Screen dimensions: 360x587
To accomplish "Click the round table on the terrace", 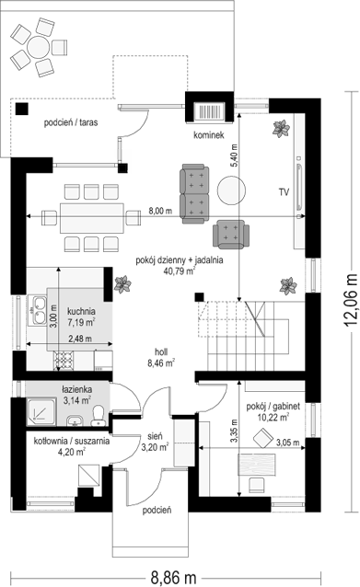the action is [x=39, y=47].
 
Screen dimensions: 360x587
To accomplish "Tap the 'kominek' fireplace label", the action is [x=209, y=134].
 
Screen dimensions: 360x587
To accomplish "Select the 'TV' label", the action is [x=284, y=192].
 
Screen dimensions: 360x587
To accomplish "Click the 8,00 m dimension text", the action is [x=160, y=211].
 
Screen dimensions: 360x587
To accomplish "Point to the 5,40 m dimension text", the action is [x=235, y=155].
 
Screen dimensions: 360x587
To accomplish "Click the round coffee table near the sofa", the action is [x=231, y=190].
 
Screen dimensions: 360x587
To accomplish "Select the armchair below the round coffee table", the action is [x=231, y=235].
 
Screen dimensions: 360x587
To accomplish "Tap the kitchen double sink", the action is [x=38, y=309].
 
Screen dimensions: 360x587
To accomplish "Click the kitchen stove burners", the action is [x=64, y=360].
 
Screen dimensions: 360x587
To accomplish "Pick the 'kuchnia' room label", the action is [x=81, y=311].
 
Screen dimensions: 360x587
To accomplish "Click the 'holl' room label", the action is [x=161, y=351].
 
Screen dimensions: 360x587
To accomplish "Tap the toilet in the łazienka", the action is [x=99, y=416].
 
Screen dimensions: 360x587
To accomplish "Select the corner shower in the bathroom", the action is [x=41, y=411].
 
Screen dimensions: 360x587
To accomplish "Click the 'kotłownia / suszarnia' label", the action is [x=72, y=441].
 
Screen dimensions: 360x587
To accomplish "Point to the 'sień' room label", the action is [x=155, y=436].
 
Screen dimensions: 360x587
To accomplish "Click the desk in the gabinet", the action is [x=257, y=465].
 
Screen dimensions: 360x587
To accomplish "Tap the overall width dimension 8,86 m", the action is [x=173, y=577].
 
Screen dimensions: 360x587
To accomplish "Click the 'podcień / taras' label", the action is [x=71, y=122].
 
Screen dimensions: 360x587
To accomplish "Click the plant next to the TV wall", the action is [x=281, y=129].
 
